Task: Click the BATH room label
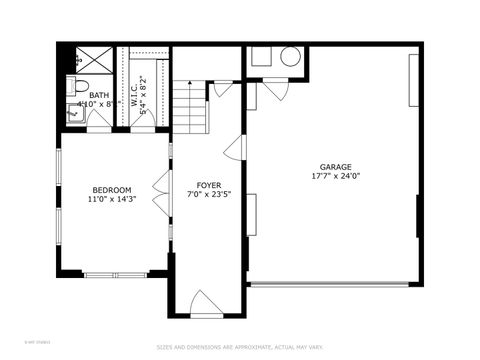(x=99, y=96)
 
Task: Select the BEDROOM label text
(x=112, y=190)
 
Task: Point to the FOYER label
(x=208, y=186)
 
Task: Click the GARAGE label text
(x=336, y=167)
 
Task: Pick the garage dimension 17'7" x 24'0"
(x=336, y=177)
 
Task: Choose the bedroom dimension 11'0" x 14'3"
(x=112, y=199)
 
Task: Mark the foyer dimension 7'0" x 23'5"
(x=208, y=196)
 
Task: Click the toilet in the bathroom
(x=79, y=85)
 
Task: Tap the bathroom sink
(x=75, y=113)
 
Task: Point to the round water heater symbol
(x=291, y=57)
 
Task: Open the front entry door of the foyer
(x=206, y=303)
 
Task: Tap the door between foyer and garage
(x=234, y=150)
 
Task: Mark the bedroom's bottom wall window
(x=114, y=274)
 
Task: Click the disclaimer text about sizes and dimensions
(x=240, y=348)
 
